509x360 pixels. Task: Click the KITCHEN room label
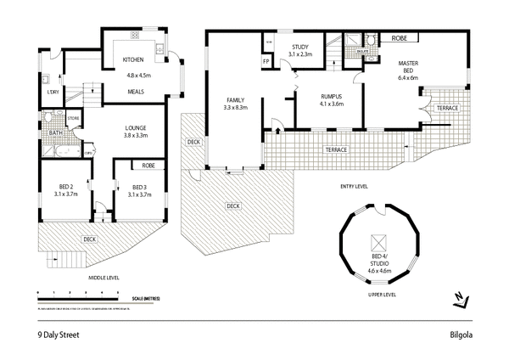click(x=133, y=59)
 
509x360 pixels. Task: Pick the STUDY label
click(x=301, y=47)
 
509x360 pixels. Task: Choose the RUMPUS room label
click(x=330, y=96)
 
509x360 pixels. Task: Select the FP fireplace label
click(x=266, y=62)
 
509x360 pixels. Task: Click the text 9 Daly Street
click(x=59, y=334)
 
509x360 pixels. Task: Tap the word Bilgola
click(x=461, y=334)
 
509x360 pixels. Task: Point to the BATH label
click(x=54, y=132)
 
